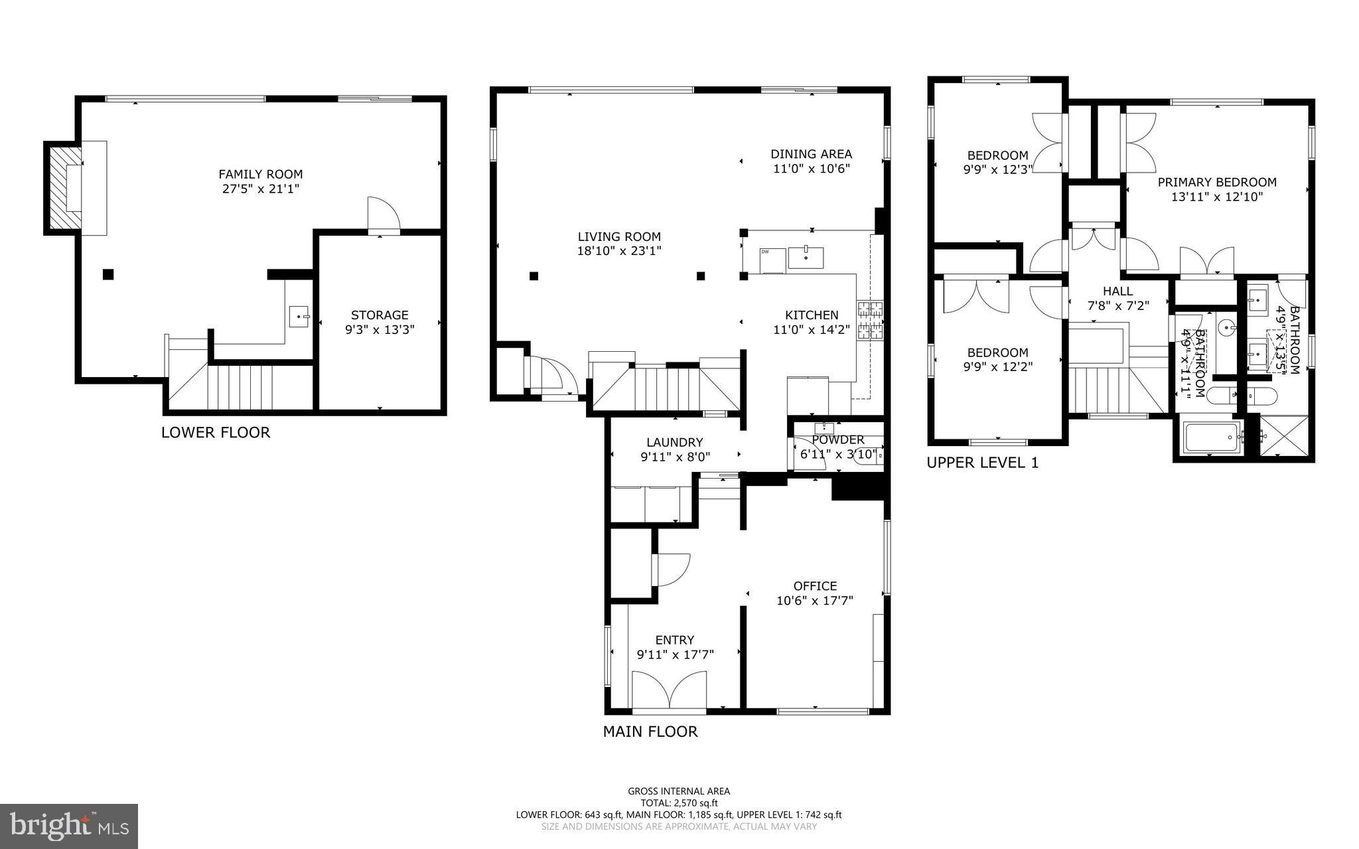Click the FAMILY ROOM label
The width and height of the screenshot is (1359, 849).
point(260,175)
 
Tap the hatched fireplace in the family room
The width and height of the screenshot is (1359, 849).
point(62,189)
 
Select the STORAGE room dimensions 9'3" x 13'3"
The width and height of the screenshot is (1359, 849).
point(380,330)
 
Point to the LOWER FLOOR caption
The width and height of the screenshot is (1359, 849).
point(216,433)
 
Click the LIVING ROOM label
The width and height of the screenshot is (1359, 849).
point(619,237)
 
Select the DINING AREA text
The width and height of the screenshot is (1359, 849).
point(811,155)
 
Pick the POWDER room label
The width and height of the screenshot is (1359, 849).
point(838,440)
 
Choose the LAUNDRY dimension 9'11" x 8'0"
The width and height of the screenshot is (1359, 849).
point(675,457)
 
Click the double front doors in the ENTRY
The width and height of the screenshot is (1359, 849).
point(670,690)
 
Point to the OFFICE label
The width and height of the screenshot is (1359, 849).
point(815,586)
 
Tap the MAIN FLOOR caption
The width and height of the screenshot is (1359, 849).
point(650,732)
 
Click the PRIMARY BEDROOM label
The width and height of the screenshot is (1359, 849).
point(1216,183)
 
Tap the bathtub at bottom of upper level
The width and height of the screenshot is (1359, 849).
point(1212,437)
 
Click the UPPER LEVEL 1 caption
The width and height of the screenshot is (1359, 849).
point(982,463)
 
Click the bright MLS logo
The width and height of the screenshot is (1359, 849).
point(69,826)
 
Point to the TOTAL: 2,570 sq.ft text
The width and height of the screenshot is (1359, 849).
point(679,803)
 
